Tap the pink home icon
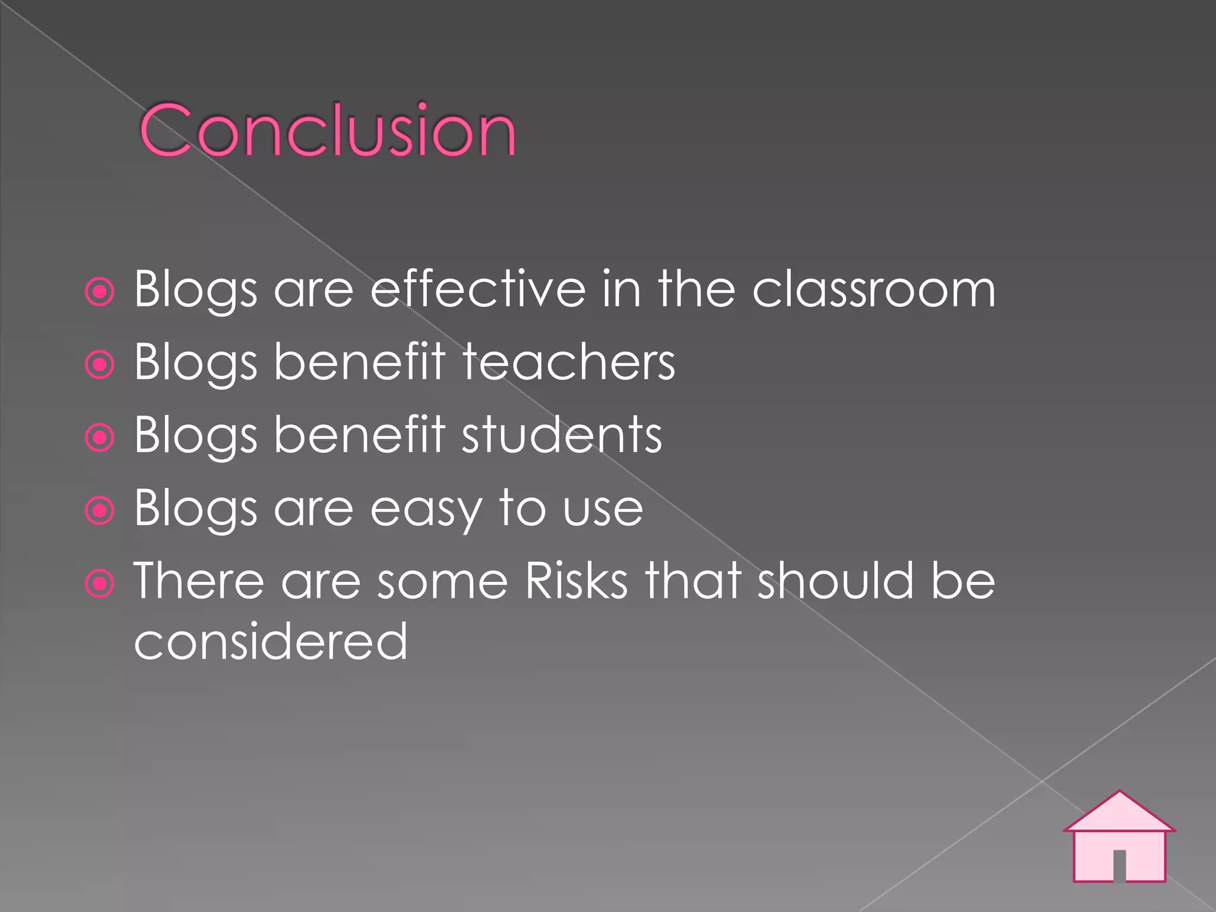[1119, 837]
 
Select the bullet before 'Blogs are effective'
[100, 292]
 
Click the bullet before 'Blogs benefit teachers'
[100, 365]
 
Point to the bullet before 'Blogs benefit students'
[100, 438]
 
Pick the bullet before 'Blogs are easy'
[100, 510]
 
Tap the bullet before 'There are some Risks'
[100, 583]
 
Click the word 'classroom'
[873, 290]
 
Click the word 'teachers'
[569, 363]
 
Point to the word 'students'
[562, 436]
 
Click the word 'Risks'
[576, 581]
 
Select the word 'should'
[835, 581]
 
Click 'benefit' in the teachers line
[360, 363]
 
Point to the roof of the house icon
[1119, 813]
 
